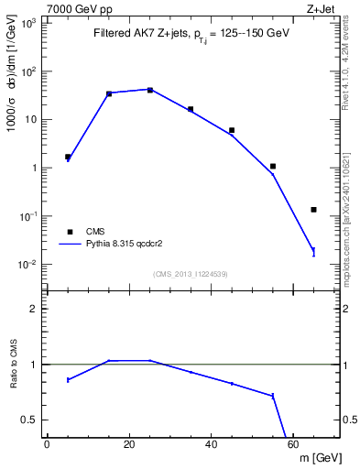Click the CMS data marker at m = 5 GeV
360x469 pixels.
(68, 157)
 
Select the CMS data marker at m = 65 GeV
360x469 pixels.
(313, 210)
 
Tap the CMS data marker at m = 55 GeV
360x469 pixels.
(273, 167)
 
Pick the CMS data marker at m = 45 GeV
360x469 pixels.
(232, 130)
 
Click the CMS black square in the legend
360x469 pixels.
(68, 232)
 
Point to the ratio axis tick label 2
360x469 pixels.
(35, 310)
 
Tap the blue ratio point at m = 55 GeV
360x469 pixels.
(273, 396)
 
